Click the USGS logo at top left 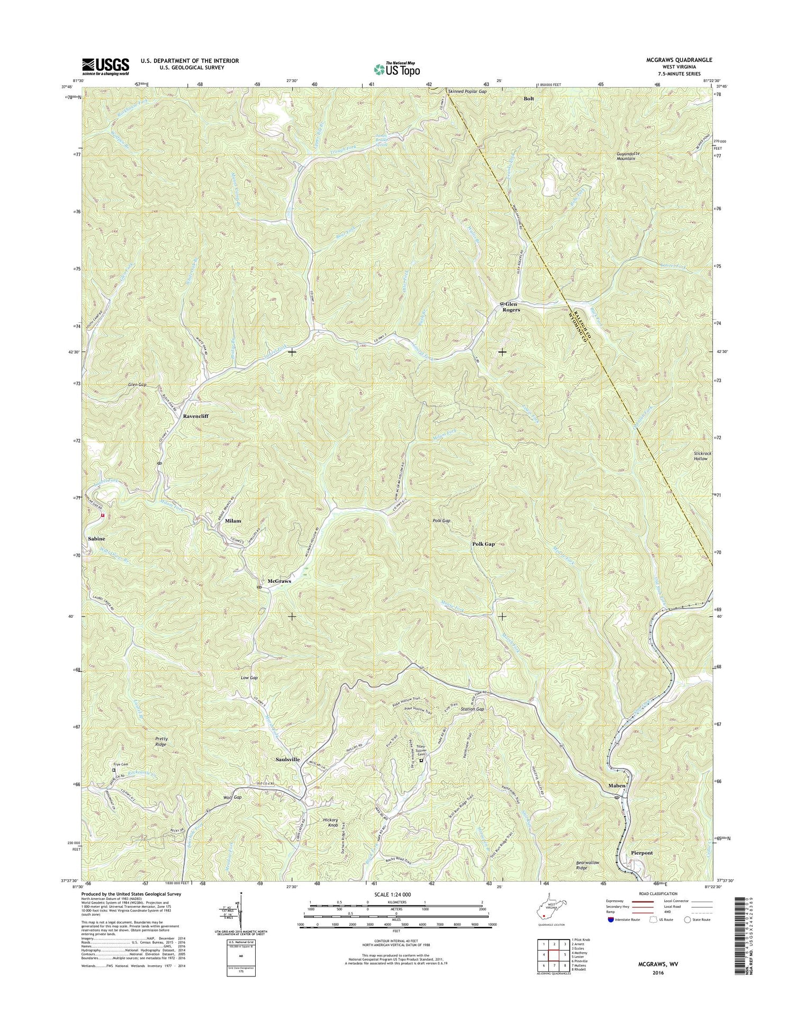[105, 66]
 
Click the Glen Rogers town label [512, 306]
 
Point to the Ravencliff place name [196, 416]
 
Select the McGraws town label [279, 581]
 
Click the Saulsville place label [288, 760]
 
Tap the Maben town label [617, 785]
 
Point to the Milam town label [233, 521]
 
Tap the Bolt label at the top [529, 99]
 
